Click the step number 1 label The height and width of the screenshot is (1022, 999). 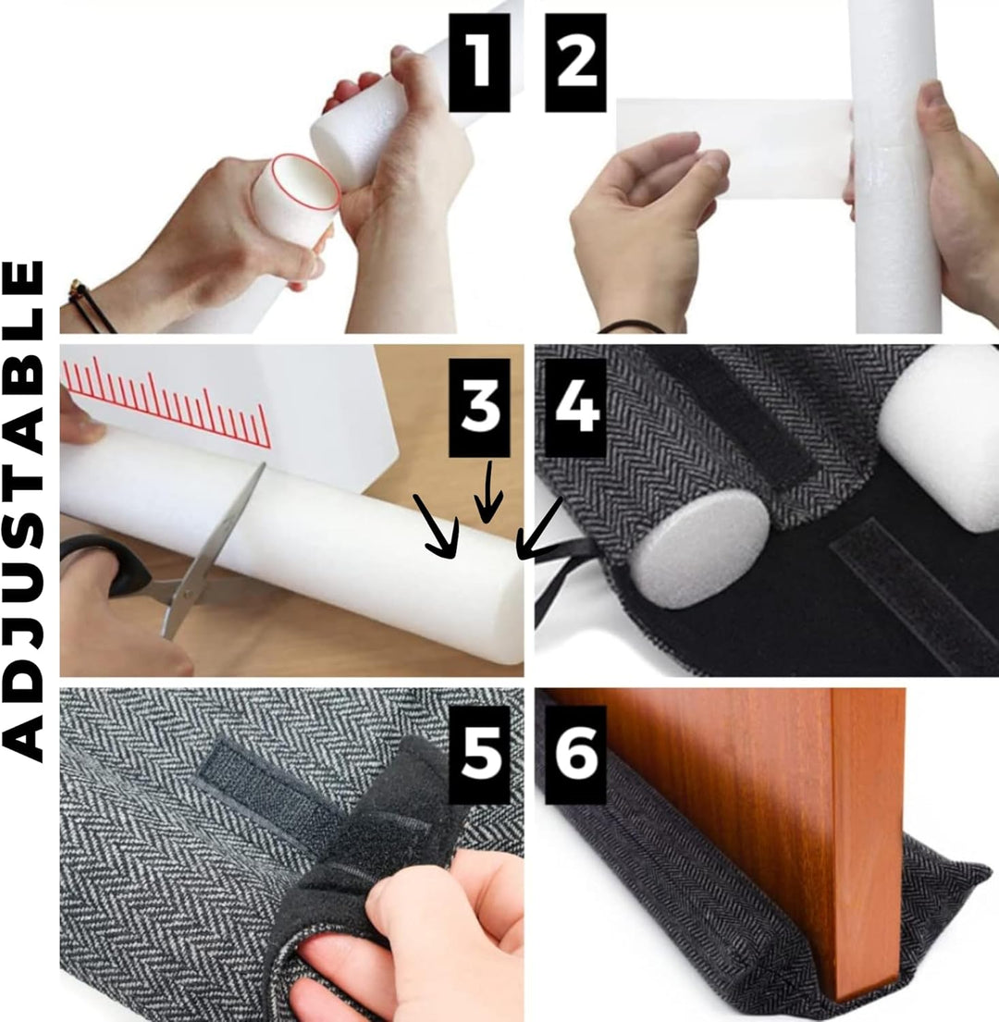[x=479, y=63]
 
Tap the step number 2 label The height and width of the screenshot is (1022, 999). [x=575, y=63]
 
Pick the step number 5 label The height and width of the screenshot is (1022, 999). [x=479, y=756]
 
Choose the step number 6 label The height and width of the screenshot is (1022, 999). [x=575, y=756]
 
